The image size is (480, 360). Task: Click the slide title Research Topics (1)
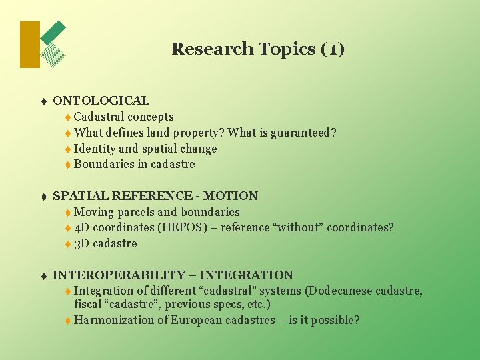pyautogui.click(x=258, y=49)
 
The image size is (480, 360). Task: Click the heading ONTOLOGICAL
pyautogui.click(x=101, y=101)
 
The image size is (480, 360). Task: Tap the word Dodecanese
pyautogui.click(x=339, y=291)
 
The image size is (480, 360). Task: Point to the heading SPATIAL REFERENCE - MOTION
pyautogui.click(x=155, y=196)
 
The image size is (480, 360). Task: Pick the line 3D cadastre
pyautogui.click(x=105, y=243)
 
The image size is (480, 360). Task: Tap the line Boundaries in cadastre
pyautogui.click(x=134, y=164)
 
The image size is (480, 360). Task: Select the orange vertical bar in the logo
pyautogui.click(x=30, y=45)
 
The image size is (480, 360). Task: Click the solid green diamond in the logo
pyautogui.click(x=54, y=31)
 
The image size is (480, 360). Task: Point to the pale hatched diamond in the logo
pyautogui.click(x=53, y=55)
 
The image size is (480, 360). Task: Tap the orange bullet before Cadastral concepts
pyautogui.click(x=68, y=118)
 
